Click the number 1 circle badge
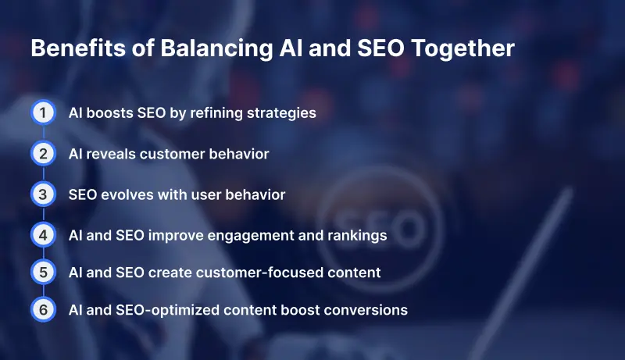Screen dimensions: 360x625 coord(44,113)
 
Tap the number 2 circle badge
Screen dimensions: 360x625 coord(44,154)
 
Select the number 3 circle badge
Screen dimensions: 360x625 coord(44,194)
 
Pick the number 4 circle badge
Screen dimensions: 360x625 coord(44,234)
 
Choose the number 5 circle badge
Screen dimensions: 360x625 coord(44,272)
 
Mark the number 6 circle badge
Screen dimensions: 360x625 coord(44,310)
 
